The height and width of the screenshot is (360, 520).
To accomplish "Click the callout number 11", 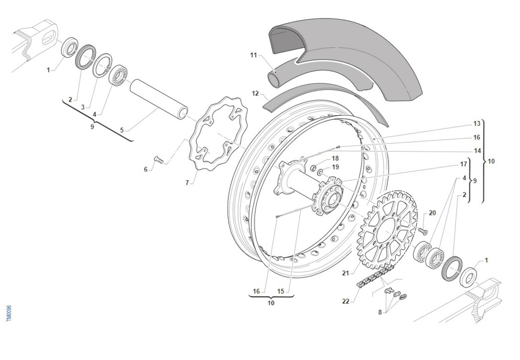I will click(253, 55).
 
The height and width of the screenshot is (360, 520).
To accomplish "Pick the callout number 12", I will click(255, 93).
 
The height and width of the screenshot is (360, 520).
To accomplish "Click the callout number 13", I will click(477, 124).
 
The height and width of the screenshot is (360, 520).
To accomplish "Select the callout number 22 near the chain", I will click(345, 302).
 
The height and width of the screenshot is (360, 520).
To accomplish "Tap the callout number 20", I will click(432, 213).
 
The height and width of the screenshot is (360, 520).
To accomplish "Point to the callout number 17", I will click(464, 165).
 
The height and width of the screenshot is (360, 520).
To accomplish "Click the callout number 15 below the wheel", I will click(281, 291).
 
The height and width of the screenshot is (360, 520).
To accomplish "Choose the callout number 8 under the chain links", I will click(380, 312).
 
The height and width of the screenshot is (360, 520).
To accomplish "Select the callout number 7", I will click(187, 183).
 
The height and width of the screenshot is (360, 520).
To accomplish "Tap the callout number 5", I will click(122, 130).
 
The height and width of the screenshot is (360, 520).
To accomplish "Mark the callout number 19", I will click(335, 167).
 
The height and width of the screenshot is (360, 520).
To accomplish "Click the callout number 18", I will click(335, 158).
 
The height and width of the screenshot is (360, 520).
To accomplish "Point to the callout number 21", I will click(345, 273).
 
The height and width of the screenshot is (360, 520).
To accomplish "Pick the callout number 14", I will click(477, 151).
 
